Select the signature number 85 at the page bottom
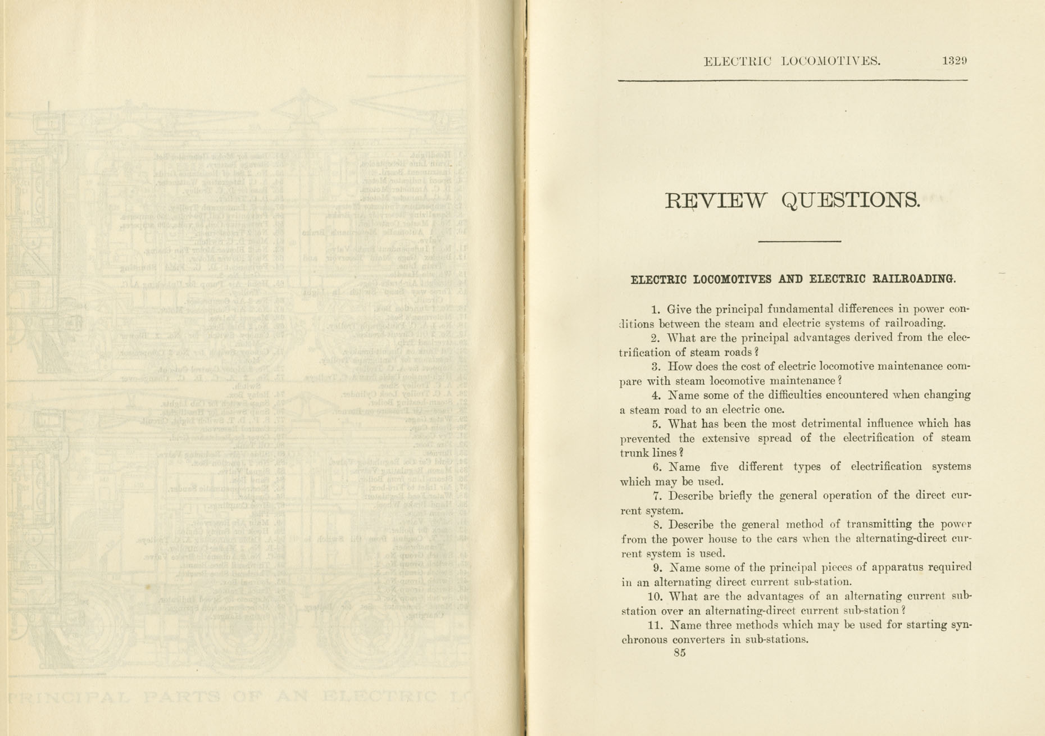pos(679,653)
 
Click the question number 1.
pos(655,309)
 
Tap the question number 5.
pos(656,424)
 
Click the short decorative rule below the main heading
pos(799,242)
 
